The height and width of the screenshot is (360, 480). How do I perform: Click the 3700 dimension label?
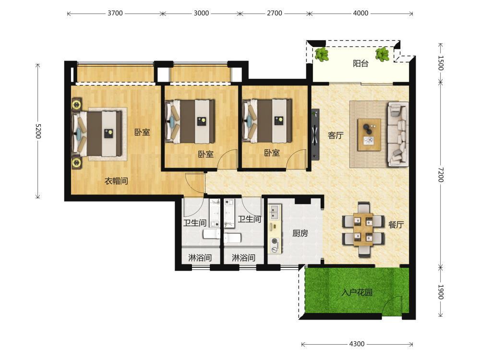point(115,13)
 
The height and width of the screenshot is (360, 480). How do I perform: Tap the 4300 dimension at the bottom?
point(357,344)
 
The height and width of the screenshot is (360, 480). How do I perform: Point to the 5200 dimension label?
point(38,131)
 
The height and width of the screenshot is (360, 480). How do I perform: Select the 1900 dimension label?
point(441,292)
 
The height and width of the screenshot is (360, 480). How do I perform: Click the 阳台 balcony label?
point(360,63)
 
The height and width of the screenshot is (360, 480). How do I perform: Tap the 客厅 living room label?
point(336,135)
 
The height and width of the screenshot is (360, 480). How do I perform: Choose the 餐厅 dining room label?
point(396,225)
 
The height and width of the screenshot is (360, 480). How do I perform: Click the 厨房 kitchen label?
point(300,233)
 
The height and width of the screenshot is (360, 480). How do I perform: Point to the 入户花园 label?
point(357,292)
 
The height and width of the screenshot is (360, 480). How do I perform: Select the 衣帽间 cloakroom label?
point(116,181)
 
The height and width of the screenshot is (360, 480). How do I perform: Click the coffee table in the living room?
point(370,135)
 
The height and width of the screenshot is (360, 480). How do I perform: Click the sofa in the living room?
point(398,134)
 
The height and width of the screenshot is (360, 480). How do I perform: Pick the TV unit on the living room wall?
point(315,134)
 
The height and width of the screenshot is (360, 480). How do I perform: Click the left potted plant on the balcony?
point(322,55)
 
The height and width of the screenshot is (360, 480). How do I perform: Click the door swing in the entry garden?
point(391,305)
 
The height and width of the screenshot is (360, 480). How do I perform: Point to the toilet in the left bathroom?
point(211,234)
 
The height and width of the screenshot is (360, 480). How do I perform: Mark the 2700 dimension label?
point(274,13)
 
